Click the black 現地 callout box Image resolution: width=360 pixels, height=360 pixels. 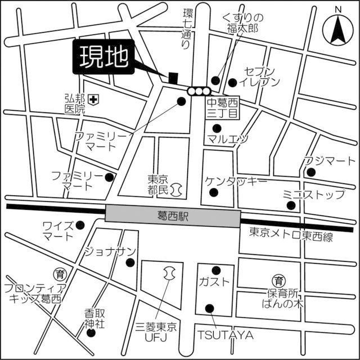point(104,57)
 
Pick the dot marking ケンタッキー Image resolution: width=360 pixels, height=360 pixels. point(213,193)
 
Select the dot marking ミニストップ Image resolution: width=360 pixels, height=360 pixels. point(291,205)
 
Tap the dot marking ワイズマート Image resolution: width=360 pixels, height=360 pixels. point(80,226)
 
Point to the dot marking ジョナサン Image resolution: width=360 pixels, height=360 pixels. point(130,262)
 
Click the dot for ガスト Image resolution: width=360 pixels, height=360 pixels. point(215,271)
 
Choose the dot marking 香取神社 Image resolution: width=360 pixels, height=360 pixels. point(91,332)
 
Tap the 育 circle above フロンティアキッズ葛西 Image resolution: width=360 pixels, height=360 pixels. point(60,274)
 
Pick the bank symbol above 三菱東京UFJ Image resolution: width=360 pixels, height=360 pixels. point(168,274)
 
